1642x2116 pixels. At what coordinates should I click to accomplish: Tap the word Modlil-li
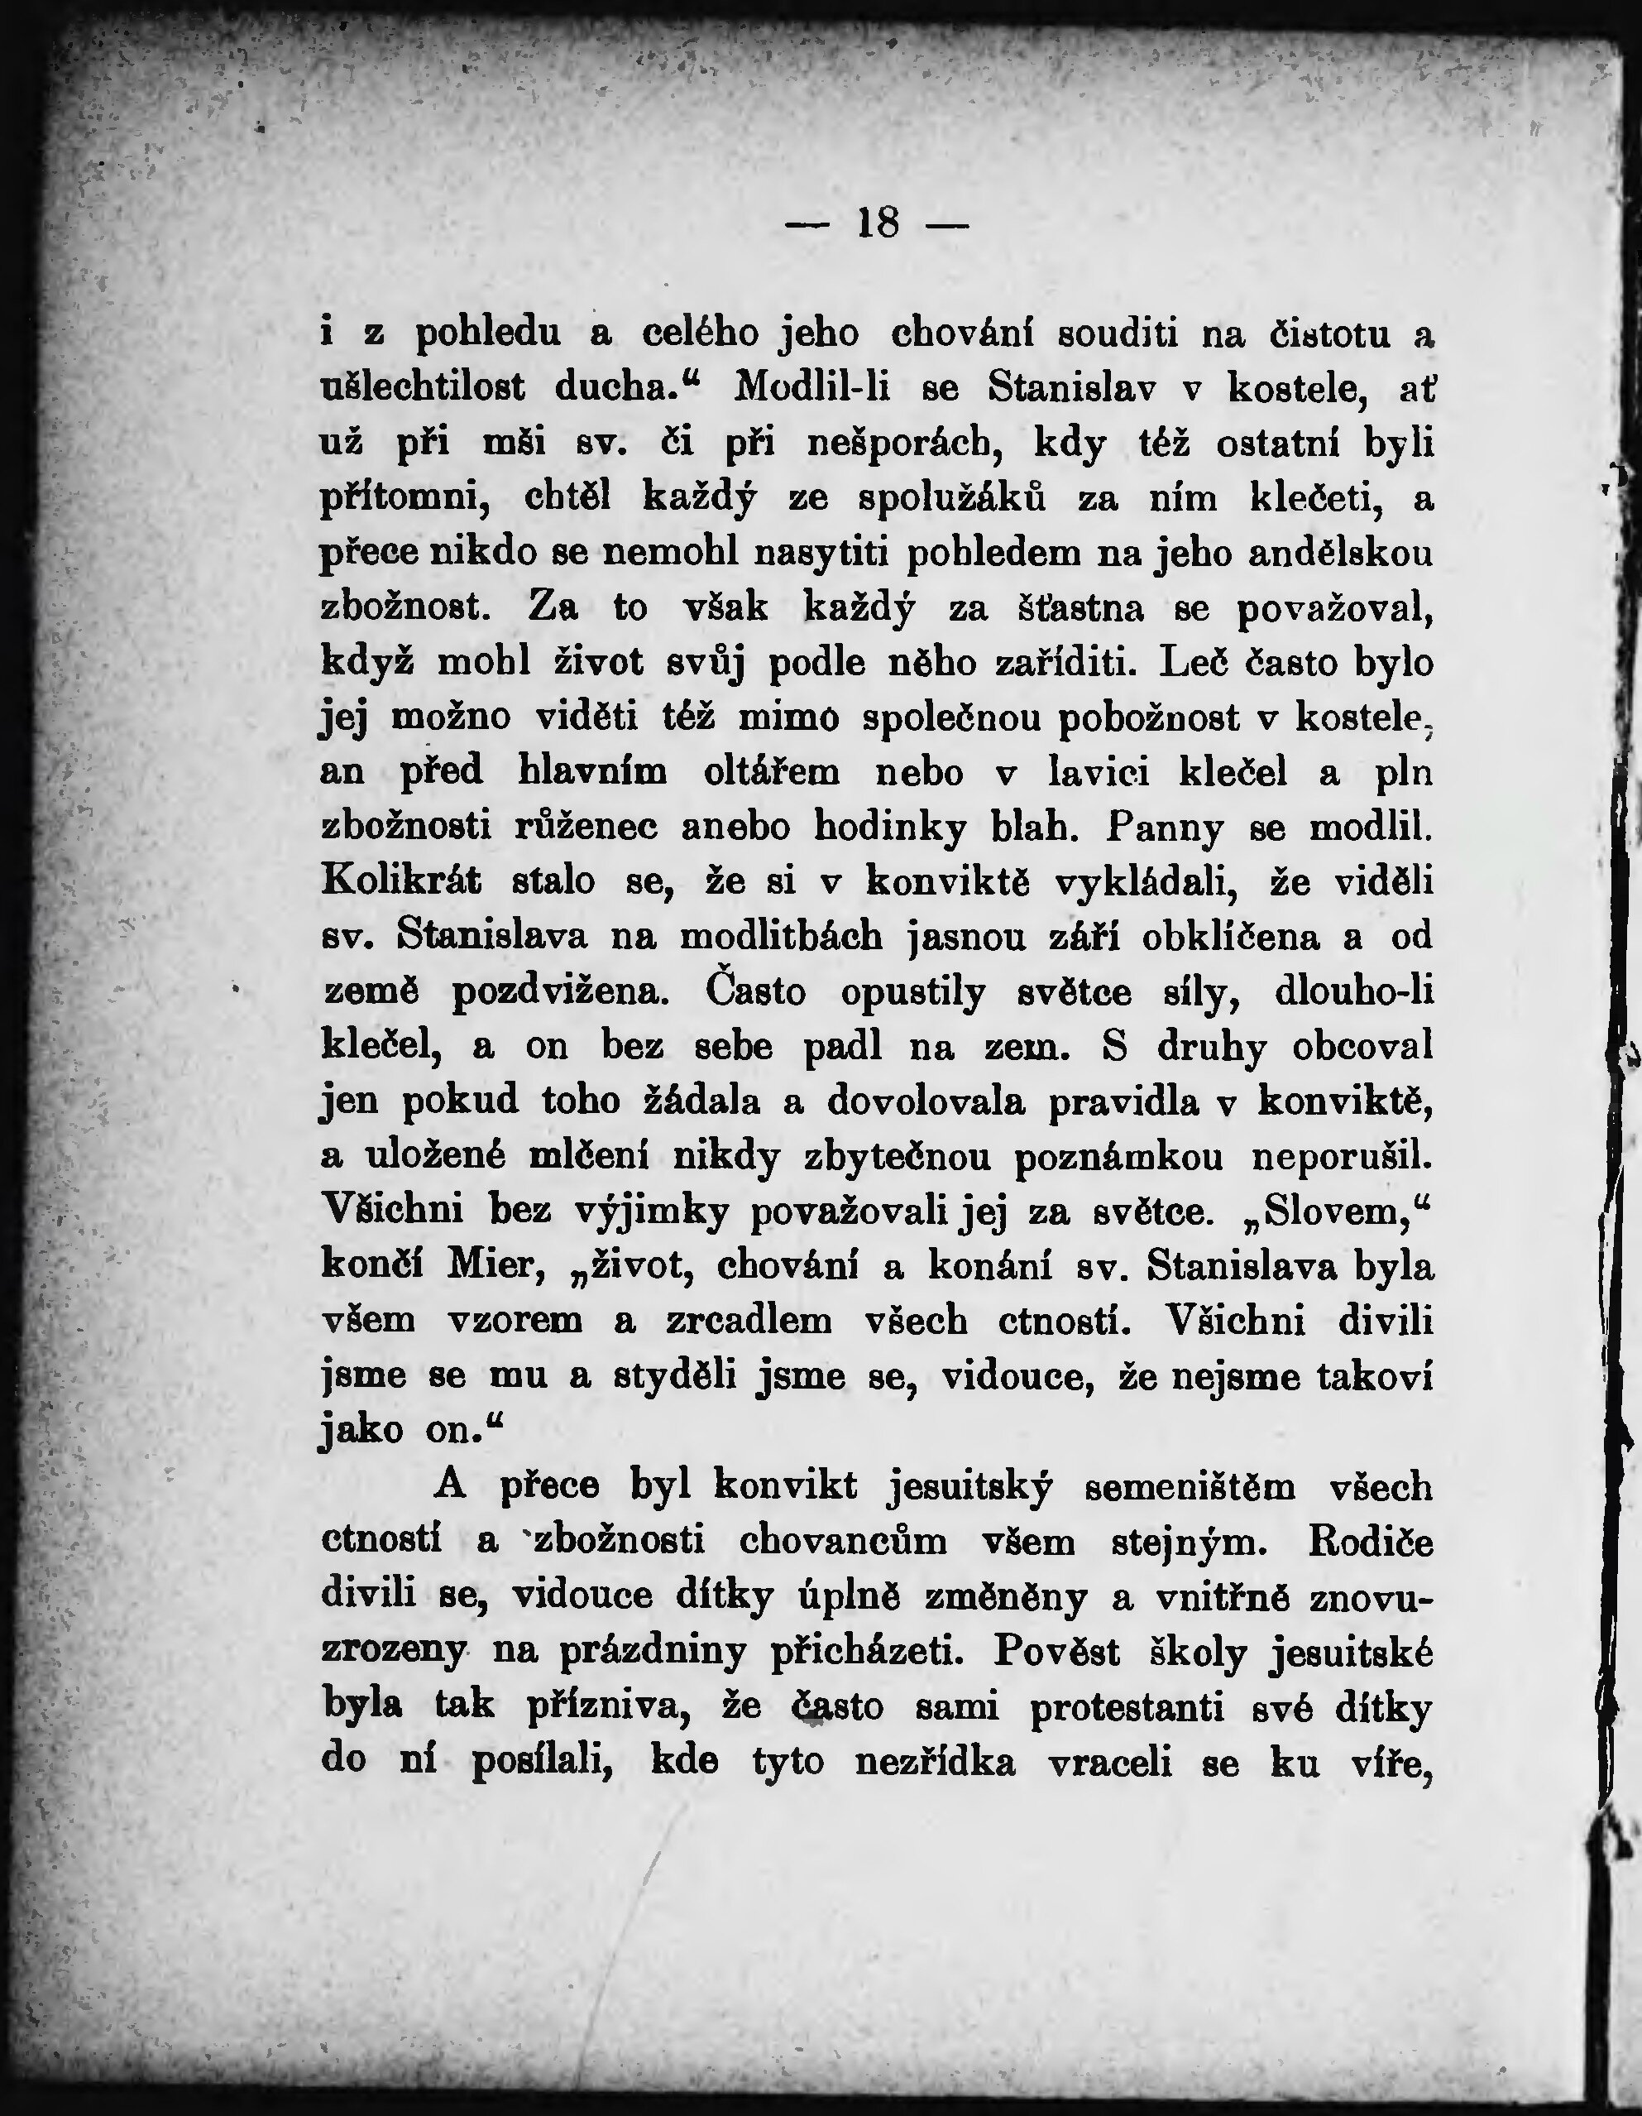(x=811, y=387)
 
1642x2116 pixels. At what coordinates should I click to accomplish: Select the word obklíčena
(x=1230, y=937)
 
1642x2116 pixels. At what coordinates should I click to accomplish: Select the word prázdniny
(x=652, y=1649)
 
